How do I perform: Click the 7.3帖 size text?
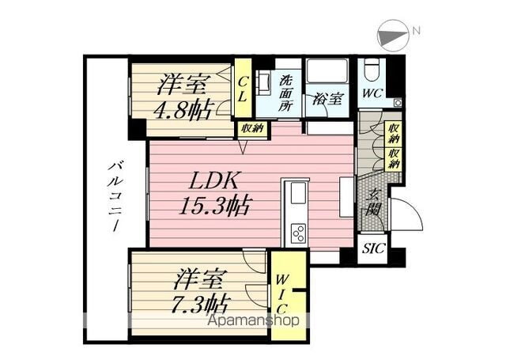click(198, 303)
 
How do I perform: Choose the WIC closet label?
click(281, 295)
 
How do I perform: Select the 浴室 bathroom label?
click(326, 100)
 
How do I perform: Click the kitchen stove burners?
click(299, 233)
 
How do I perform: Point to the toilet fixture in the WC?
click(371, 74)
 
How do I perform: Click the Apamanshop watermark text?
click(251, 320)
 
